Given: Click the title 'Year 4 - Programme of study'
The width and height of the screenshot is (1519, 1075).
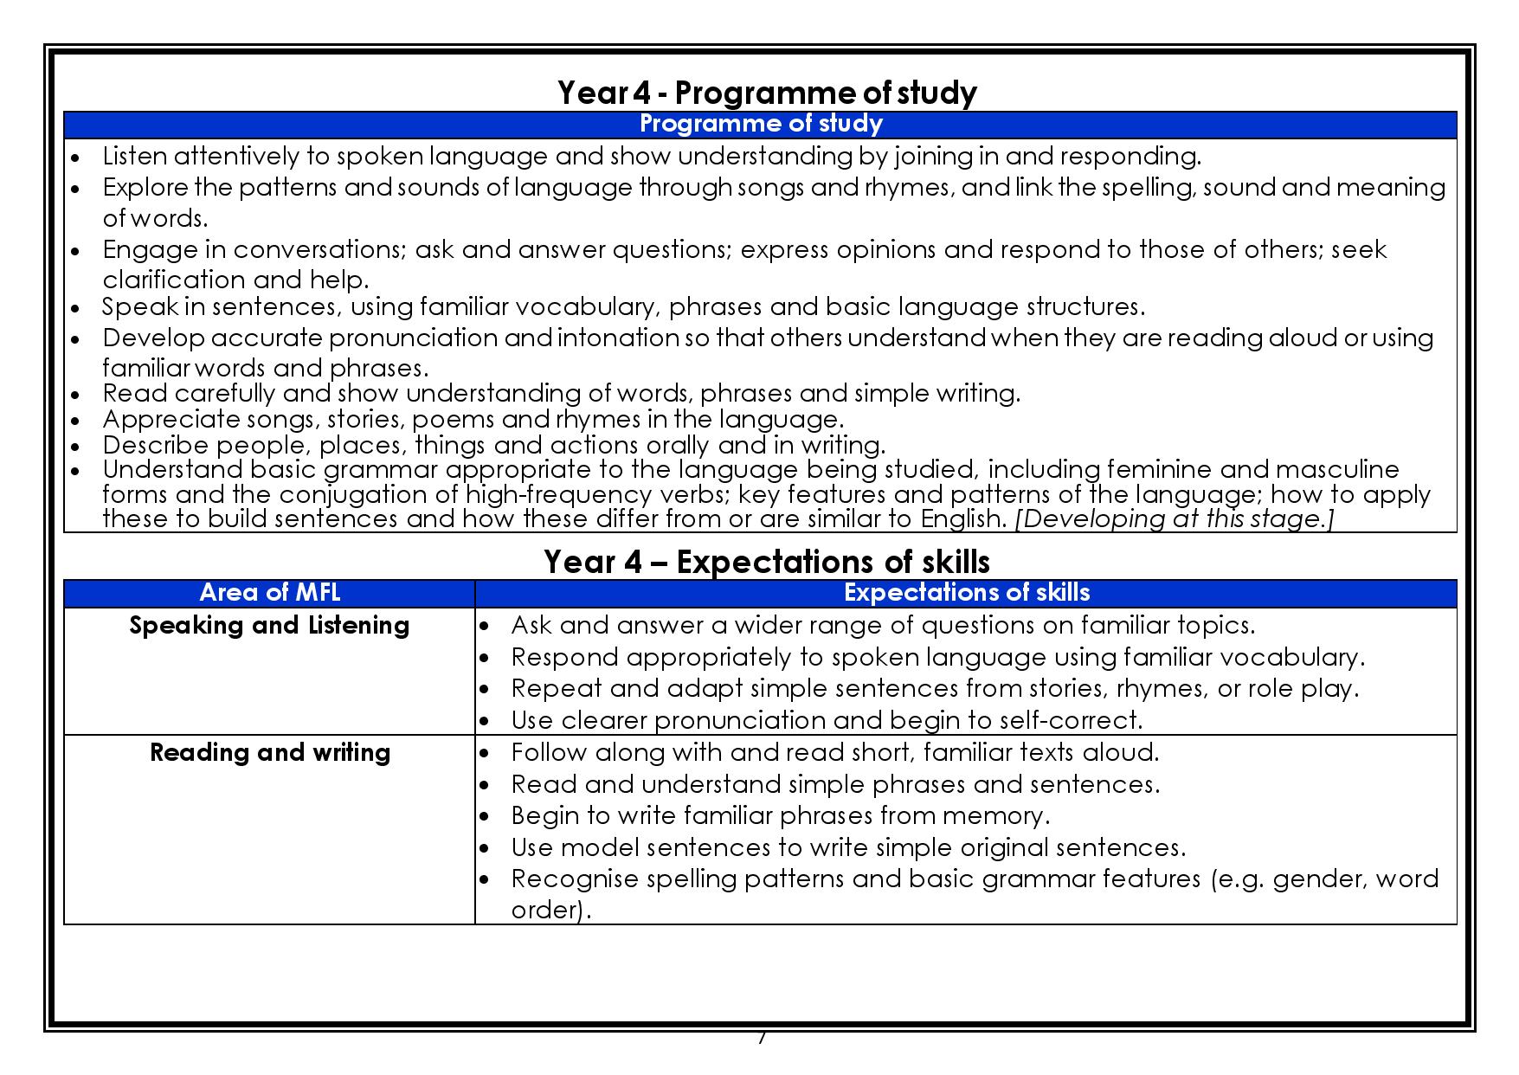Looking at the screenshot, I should (767, 93).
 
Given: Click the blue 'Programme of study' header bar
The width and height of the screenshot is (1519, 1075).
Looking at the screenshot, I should (760, 124).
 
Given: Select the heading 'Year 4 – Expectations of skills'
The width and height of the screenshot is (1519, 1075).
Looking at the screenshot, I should (766, 562).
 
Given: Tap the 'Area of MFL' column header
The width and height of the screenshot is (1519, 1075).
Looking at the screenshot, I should (269, 593).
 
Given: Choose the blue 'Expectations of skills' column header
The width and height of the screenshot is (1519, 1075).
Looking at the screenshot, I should (966, 593).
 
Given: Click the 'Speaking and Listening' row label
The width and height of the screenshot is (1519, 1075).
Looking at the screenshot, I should (269, 625).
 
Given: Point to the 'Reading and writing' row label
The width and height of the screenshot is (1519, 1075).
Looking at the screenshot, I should (269, 752).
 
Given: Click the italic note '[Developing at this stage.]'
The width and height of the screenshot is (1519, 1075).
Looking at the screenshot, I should (1175, 518).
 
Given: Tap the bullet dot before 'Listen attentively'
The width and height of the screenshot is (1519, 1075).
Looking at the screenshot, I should (76, 158).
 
